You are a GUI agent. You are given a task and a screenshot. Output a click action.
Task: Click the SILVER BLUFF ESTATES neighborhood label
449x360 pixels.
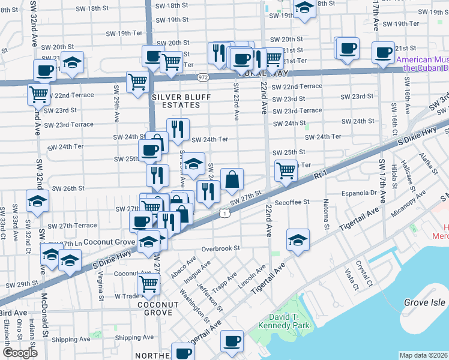pyautogui.click(x=175, y=101)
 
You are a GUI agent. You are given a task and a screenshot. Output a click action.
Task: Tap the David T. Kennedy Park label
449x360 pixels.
pyautogui.click(x=282, y=320)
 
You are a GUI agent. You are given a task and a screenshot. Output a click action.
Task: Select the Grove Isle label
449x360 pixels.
pyautogui.click(x=424, y=303)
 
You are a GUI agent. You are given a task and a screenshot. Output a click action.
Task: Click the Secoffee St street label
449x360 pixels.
pyautogui.click(x=290, y=202)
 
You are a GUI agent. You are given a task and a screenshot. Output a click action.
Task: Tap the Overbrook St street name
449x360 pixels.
pyautogui.click(x=220, y=248)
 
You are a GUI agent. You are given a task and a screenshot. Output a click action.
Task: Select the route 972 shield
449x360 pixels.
pyautogui.click(x=203, y=77)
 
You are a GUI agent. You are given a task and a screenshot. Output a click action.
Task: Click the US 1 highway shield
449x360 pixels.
pyautogui.click(x=223, y=213)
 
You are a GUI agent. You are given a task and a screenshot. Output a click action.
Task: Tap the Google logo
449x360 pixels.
pyautogui.click(x=20, y=353)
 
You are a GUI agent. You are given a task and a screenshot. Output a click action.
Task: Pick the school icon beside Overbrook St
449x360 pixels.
pyautogui.click(x=298, y=239)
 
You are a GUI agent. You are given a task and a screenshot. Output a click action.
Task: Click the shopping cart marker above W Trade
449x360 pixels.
pyautogui.click(x=148, y=284)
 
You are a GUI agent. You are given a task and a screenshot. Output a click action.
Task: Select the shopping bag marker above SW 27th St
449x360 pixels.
pyautogui.click(x=232, y=178)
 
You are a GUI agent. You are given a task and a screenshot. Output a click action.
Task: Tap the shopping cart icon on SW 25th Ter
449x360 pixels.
pyautogui.click(x=286, y=170)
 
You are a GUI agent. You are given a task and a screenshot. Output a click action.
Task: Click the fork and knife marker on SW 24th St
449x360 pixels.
pyautogui.click(x=178, y=129)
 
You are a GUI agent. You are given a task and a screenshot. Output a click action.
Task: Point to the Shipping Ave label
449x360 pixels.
pyautogui.click(x=70, y=339)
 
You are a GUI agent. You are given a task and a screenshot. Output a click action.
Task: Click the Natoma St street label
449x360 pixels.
pyautogui.click(x=327, y=215)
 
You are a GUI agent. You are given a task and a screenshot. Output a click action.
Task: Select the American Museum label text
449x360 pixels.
pyautogui.click(x=422, y=60)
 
